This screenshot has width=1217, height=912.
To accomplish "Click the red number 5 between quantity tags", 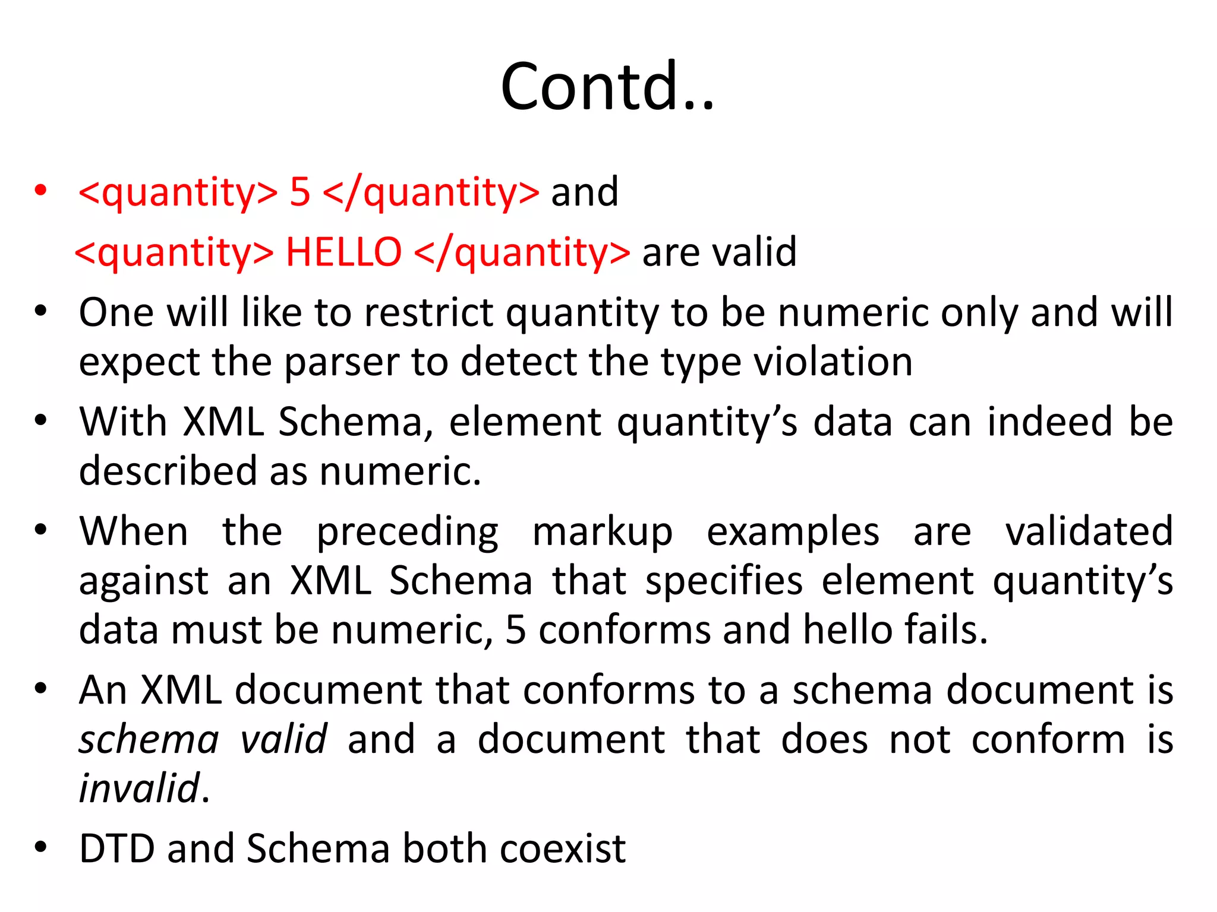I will pyautogui.click(x=300, y=192).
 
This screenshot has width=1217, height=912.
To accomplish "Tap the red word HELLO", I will pyautogui.click(x=343, y=252).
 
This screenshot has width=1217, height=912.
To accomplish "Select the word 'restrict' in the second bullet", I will pyautogui.click(x=428, y=312).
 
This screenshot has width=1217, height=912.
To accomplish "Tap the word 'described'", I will pyautogui.click(x=168, y=471).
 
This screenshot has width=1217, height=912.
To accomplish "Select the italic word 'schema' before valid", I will pyautogui.click(x=149, y=739).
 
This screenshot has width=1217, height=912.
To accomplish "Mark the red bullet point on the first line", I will pyautogui.click(x=40, y=191).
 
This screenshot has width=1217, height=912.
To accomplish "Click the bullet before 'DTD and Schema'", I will pyautogui.click(x=40, y=847).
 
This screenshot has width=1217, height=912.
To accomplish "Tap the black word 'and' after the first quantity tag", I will pyautogui.click(x=585, y=192).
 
